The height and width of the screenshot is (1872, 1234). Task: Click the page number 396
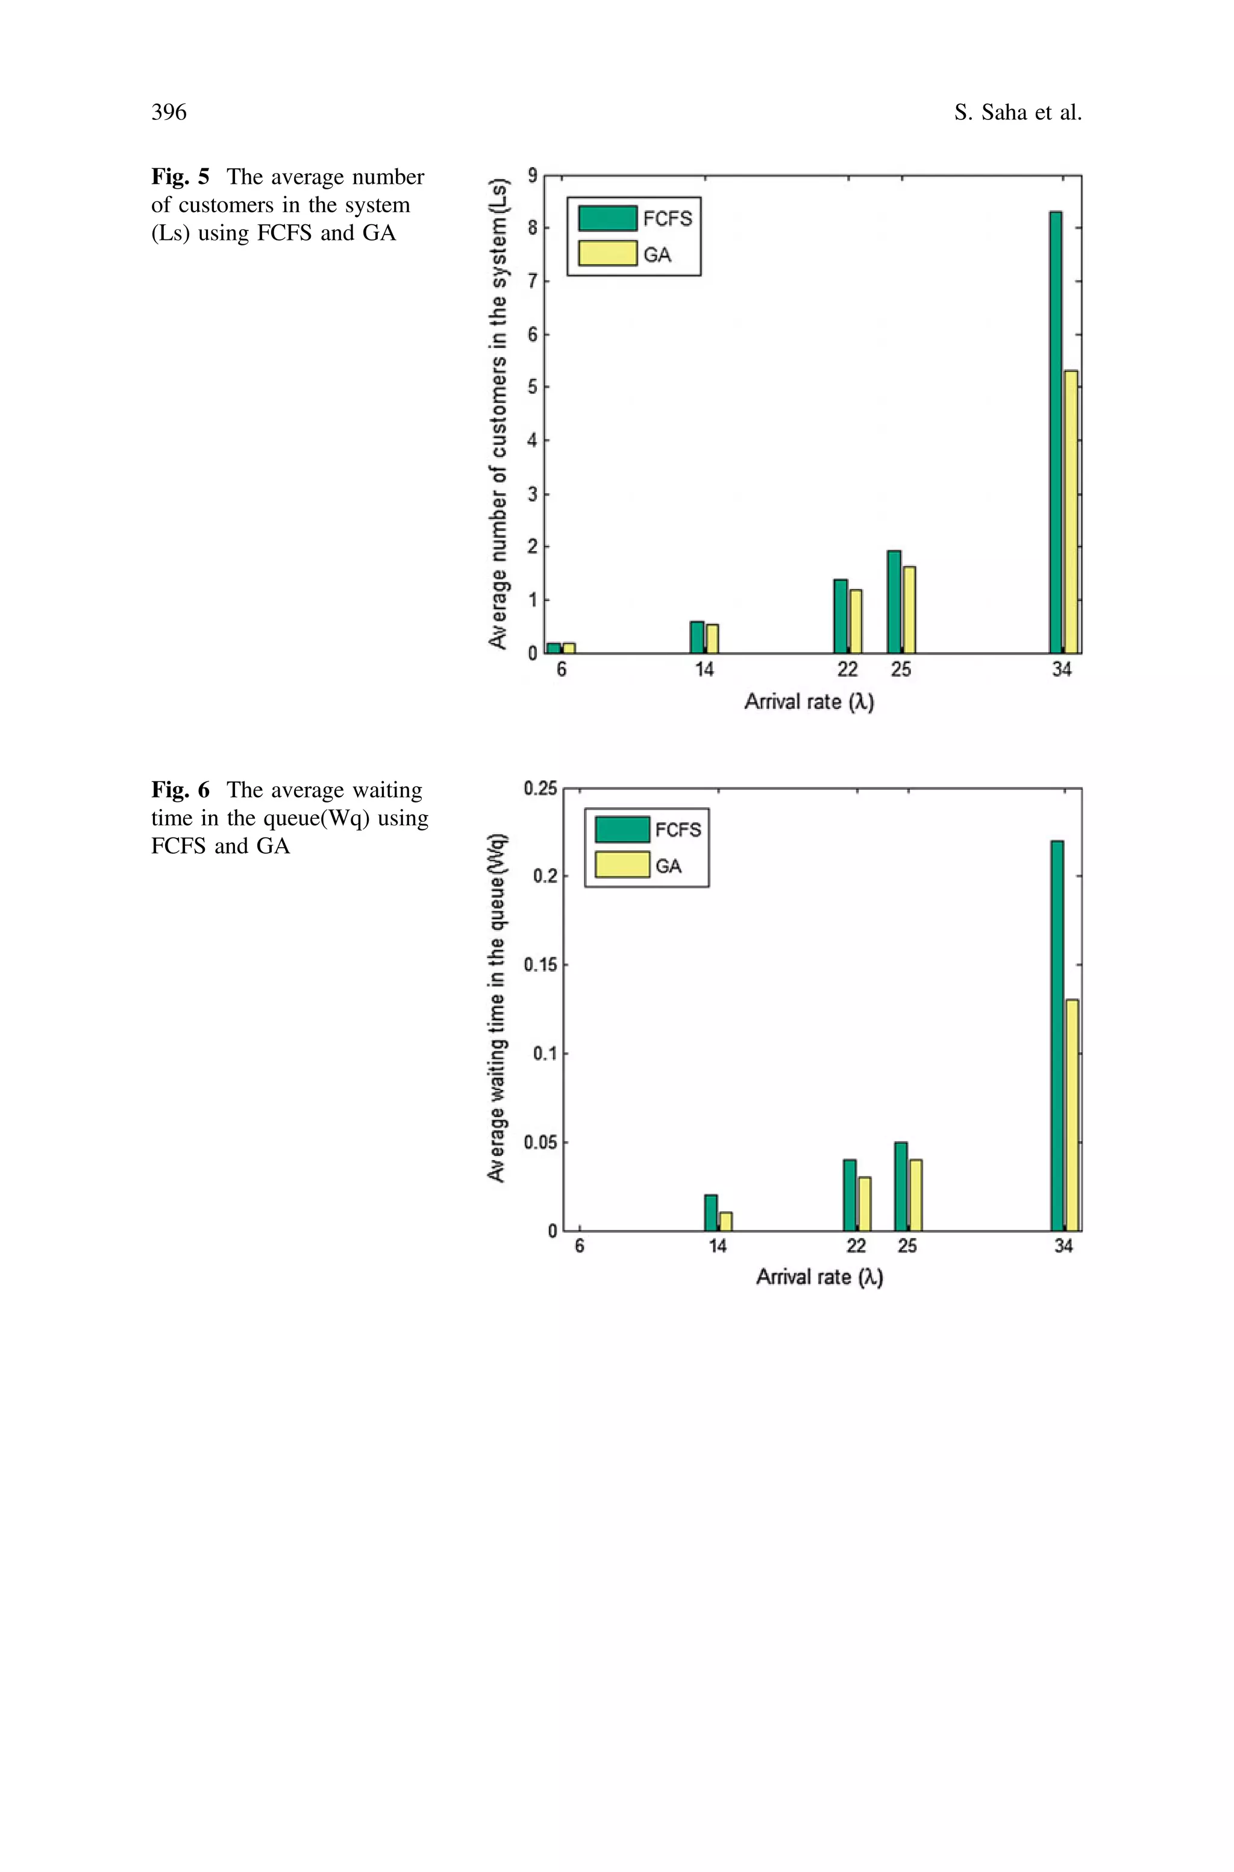pyautogui.click(x=169, y=113)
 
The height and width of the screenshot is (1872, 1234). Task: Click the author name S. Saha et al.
pyautogui.click(x=1018, y=113)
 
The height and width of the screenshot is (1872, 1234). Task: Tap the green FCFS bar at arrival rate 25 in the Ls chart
pyautogui.click(x=894, y=602)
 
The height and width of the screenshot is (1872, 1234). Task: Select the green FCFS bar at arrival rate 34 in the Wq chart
pyautogui.click(x=1057, y=1035)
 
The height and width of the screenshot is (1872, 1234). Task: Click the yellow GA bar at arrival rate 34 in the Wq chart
pyautogui.click(x=1072, y=1115)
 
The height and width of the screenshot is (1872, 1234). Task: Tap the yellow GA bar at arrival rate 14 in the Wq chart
pyautogui.click(x=725, y=1221)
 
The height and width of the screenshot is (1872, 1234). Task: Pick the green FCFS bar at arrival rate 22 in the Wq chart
pyautogui.click(x=849, y=1195)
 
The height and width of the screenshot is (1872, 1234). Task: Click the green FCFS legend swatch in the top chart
pyautogui.click(x=607, y=218)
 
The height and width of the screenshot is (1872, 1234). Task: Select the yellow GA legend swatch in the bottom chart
pyautogui.click(x=622, y=865)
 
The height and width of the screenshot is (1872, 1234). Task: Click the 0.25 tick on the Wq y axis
pyautogui.click(x=540, y=788)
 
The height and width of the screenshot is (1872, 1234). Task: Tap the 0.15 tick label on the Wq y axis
pyautogui.click(x=540, y=965)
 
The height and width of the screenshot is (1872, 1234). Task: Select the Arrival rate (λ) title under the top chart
pyautogui.click(x=809, y=701)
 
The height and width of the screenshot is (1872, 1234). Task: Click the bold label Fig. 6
pyautogui.click(x=180, y=790)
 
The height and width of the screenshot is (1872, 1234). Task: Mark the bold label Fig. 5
pyautogui.click(x=180, y=177)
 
